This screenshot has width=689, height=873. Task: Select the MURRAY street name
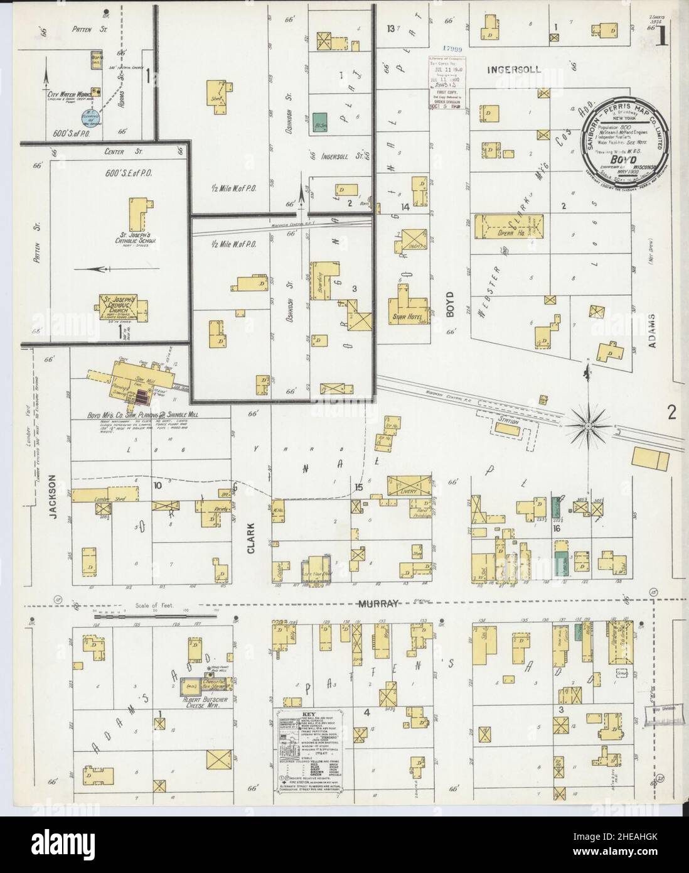(x=378, y=604)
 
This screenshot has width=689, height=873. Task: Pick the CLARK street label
(x=251, y=538)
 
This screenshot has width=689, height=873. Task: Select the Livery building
(x=410, y=486)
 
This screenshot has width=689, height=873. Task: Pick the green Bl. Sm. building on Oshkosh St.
(x=321, y=121)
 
